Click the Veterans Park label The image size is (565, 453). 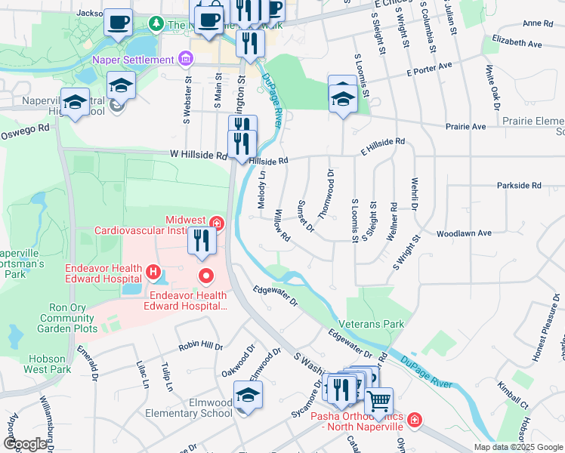tap(371, 324)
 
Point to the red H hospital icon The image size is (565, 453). tap(153, 271)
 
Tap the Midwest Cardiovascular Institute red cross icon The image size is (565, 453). tap(217, 223)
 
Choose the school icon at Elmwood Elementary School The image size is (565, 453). tap(248, 397)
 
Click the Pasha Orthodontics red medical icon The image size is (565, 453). tap(414, 420)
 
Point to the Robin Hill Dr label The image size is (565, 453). tap(200, 346)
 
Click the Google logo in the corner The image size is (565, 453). tap(26, 444)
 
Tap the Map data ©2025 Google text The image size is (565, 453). tap(518, 447)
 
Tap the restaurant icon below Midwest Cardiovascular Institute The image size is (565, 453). tap(202, 242)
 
